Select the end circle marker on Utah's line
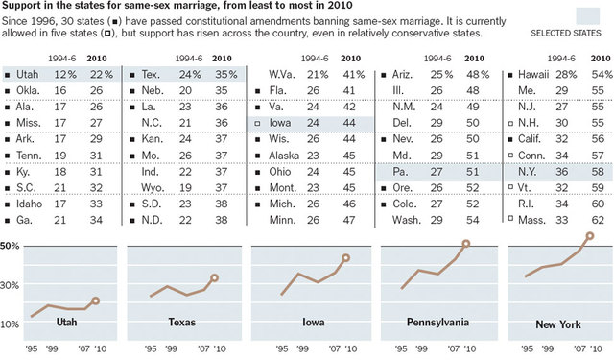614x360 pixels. (95, 300)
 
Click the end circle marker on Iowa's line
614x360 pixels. (345, 258)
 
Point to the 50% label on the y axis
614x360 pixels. (11, 246)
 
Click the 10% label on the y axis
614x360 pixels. (11, 324)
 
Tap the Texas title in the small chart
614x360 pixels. (182, 322)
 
